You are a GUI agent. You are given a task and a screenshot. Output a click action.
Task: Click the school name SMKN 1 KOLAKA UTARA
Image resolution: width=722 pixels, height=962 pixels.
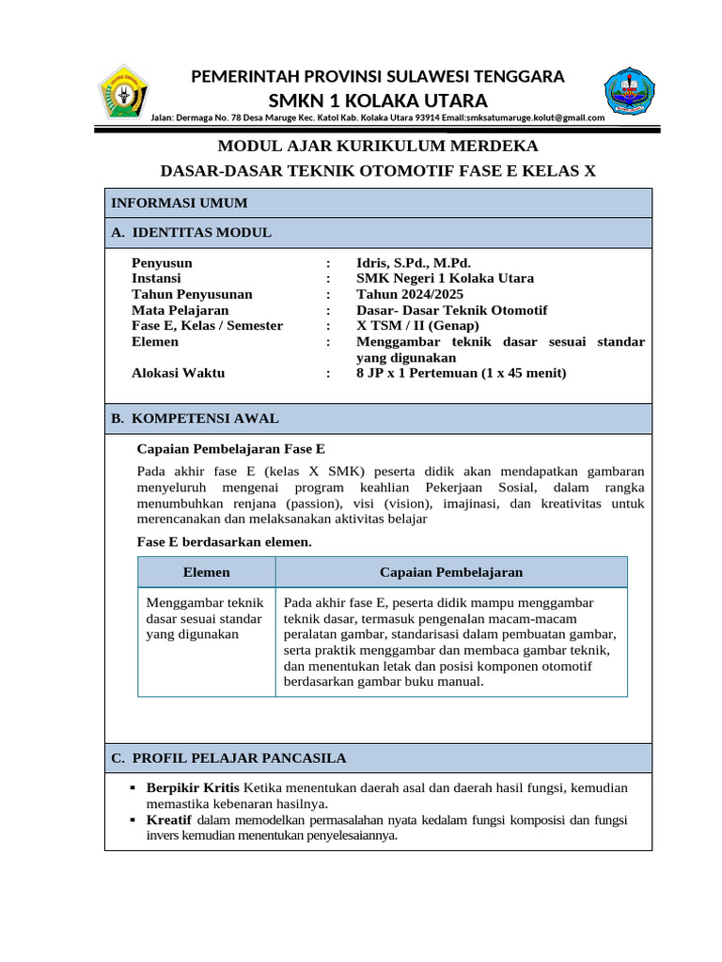click(x=378, y=101)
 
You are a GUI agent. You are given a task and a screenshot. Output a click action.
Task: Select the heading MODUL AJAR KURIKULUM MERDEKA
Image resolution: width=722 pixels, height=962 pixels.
click(x=378, y=147)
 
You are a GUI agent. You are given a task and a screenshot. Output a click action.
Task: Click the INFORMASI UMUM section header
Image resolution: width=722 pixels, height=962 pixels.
click(x=180, y=203)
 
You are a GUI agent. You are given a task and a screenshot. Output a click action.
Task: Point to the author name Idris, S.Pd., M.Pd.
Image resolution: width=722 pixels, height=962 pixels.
click(x=414, y=263)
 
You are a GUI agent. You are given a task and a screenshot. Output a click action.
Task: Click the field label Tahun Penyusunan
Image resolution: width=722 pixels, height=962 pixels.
click(x=192, y=294)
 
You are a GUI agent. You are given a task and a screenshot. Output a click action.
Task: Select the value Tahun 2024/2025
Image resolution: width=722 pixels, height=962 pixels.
click(x=409, y=294)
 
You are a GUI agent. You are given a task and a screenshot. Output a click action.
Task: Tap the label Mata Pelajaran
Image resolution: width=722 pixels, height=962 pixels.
click(x=180, y=310)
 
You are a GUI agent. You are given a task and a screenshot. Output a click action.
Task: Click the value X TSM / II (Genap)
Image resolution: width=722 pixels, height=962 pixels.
click(x=417, y=326)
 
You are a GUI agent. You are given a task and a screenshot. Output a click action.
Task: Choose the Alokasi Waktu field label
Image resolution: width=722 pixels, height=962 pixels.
click(x=178, y=373)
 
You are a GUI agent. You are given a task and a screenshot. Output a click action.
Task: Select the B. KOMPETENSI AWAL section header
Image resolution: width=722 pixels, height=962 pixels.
click(x=195, y=419)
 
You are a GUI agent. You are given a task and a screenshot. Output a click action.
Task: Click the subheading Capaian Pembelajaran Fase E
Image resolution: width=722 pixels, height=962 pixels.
click(x=231, y=450)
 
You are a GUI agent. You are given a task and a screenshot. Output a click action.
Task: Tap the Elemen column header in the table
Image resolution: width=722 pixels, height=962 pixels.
click(x=206, y=572)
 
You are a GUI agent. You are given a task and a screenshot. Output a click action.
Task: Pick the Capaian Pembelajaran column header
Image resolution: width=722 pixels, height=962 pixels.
click(x=451, y=572)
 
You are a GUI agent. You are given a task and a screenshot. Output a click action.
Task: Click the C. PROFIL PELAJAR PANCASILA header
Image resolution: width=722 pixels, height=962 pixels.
click(x=228, y=758)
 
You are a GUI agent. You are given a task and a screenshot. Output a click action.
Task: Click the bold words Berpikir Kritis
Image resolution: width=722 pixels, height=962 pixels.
click(x=193, y=787)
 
